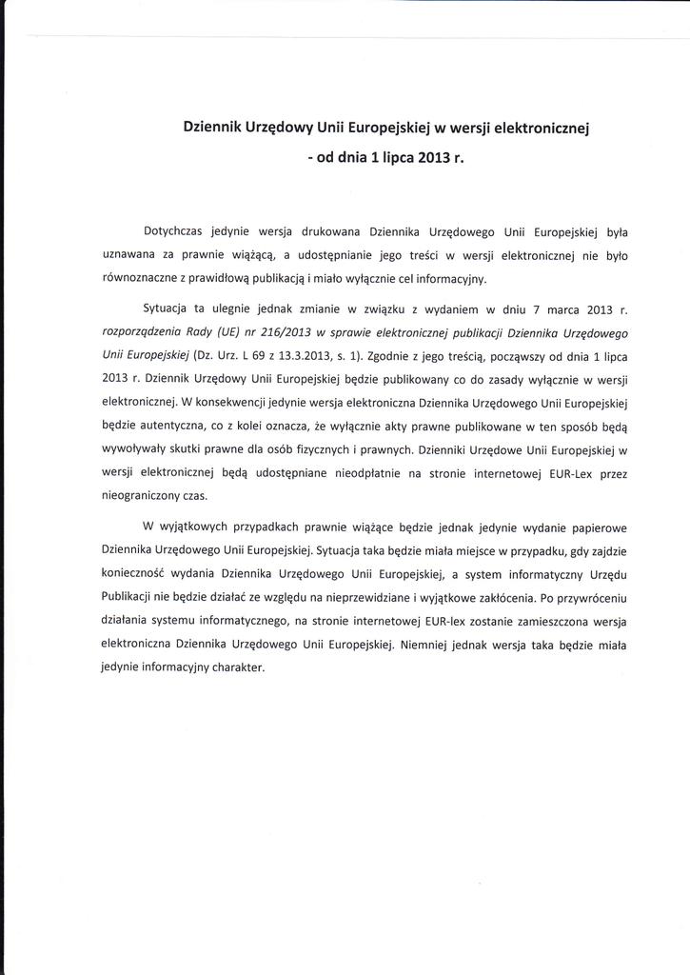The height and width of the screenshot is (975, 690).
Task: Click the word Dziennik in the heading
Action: coord(218,128)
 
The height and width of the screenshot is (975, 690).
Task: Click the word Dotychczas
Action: coord(174,231)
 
